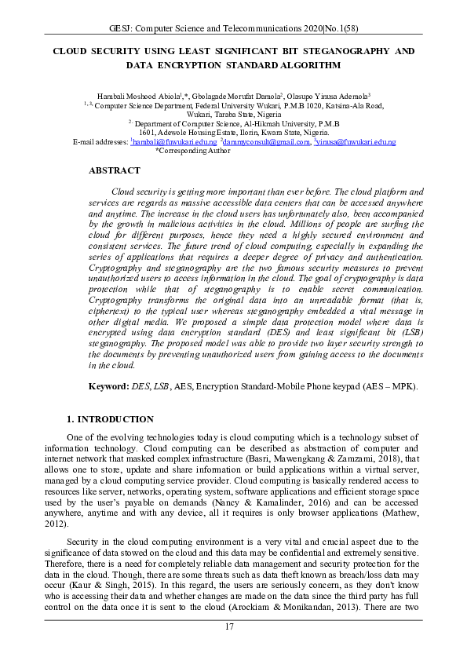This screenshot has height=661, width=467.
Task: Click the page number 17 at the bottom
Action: coord(229,626)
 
